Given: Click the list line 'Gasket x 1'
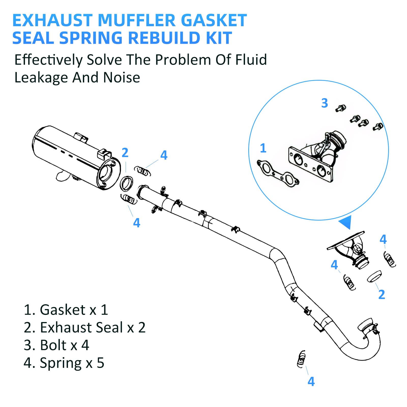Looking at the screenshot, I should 66,310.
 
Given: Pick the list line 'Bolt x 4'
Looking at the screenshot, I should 56,345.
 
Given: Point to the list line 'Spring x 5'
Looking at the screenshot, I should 64,363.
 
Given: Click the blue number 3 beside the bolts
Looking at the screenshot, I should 324,103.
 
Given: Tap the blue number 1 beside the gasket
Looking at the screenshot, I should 263,148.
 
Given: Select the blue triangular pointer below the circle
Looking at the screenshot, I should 346,222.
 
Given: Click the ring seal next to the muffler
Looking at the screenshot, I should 126,183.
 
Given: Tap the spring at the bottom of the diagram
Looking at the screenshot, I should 301,359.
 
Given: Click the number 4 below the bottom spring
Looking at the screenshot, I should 311,382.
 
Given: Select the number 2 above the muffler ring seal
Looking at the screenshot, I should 125,153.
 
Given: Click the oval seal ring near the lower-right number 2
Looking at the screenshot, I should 374,276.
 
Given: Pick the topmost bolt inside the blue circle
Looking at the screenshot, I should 340,108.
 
